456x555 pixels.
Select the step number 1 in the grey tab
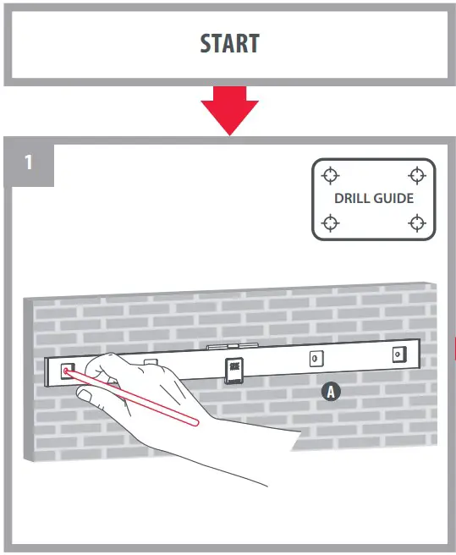pos(29,162)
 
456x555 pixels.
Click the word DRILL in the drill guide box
pos(351,199)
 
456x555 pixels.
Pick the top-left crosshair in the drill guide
pos(331,175)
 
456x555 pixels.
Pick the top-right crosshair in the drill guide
pos(415,175)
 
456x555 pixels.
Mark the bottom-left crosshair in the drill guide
pos(331,223)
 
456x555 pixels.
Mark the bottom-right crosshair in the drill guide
pos(415,223)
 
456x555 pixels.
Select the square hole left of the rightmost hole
pos(316,359)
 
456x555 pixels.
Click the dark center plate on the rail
pos(233,369)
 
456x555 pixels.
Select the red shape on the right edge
pos(453,347)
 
